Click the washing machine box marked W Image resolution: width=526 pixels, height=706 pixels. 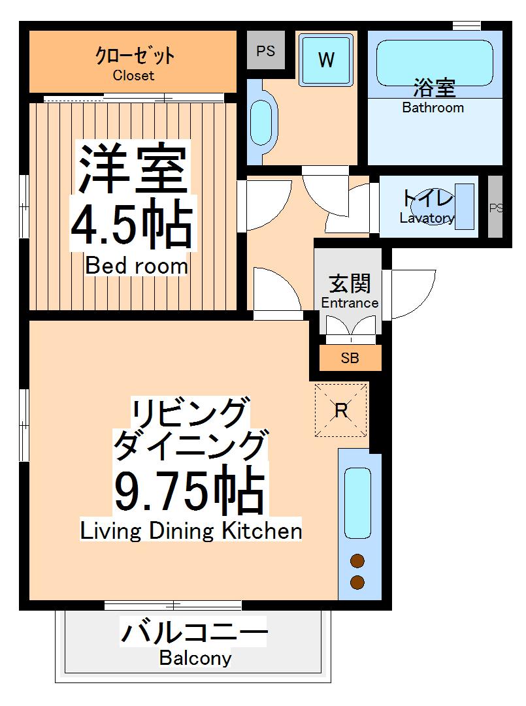click(326, 59)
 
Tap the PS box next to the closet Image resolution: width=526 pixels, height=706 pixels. click(265, 51)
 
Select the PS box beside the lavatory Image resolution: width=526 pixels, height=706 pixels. click(496, 208)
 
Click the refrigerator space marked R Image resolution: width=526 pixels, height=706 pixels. click(341, 410)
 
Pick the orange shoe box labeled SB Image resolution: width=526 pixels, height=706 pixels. click(350, 358)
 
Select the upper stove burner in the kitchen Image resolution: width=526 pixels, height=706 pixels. click(357, 561)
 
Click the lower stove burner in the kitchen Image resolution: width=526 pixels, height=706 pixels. click(357, 582)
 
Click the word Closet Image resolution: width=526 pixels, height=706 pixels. click(133, 75)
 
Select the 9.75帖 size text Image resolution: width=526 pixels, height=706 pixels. click(189, 490)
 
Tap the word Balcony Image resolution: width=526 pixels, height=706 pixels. click(195, 658)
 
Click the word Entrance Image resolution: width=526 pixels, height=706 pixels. click(350, 302)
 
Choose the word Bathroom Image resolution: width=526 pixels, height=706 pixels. click(433, 108)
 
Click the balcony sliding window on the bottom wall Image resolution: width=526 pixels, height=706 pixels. click(173, 605)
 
